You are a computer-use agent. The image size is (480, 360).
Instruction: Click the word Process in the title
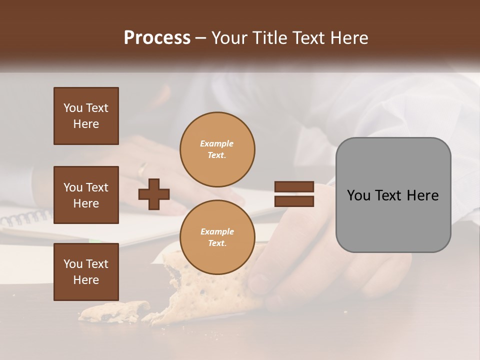pyautogui.click(x=157, y=38)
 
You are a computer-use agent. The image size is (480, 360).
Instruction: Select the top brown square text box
pyautogui.click(x=86, y=116)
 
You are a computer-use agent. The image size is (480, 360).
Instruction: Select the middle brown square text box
pyautogui.click(x=86, y=195)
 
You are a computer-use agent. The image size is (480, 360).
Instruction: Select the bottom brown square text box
pyautogui.click(x=86, y=271)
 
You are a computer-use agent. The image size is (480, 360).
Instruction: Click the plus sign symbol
pyautogui.click(x=154, y=194)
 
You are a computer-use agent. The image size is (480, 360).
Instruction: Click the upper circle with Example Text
pyautogui.click(x=217, y=149)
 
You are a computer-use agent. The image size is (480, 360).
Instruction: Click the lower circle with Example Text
pyautogui.click(x=217, y=237)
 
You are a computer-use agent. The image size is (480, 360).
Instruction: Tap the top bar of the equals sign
pyautogui.click(x=294, y=187)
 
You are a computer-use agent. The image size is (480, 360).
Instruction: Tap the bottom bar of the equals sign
pyautogui.click(x=294, y=201)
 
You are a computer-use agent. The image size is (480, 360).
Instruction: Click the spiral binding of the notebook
pyautogui.click(x=25, y=218)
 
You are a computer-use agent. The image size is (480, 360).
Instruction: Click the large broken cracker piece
pyautogui.click(x=200, y=290)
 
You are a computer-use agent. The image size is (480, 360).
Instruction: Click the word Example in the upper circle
pyautogui.click(x=217, y=143)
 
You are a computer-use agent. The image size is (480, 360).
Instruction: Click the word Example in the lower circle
pyautogui.click(x=217, y=231)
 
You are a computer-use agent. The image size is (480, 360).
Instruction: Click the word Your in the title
pyautogui.click(x=229, y=38)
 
